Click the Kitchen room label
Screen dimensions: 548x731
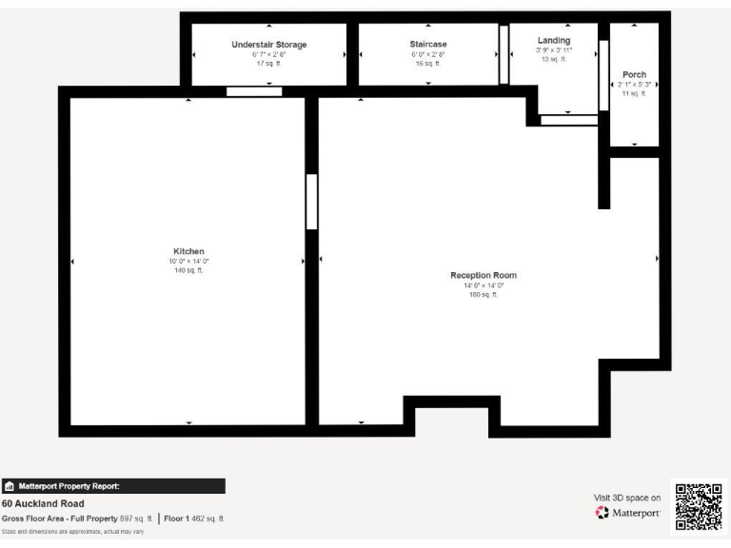[x=189, y=251]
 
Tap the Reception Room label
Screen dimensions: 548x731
[x=483, y=275]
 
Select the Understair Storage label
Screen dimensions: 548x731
[x=269, y=45]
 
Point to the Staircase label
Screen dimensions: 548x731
[x=428, y=45]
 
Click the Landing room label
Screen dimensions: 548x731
[x=553, y=40]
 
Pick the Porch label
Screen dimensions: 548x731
[x=634, y=74]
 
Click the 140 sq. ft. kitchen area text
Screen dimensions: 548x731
[x=189, y=270]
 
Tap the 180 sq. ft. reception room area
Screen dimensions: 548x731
[x=483, y=295]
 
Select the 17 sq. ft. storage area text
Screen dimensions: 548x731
[x=269, y=64]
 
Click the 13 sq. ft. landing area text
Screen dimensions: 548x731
[x=553, y=59]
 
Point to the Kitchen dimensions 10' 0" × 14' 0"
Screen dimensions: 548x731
[x=189, y=261]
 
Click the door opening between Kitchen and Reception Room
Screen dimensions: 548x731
[x=311, y=201]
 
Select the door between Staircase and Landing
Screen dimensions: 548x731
[x=504, y=54]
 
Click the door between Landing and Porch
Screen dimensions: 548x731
[x=603, y=76]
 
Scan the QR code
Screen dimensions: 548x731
[x=699, y=507]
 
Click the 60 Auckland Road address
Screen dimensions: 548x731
[x=43, y=503]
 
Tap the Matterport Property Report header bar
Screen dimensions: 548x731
[x=113, y=486]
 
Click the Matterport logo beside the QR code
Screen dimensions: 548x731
[x=627, y=514]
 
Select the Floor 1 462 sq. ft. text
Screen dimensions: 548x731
[x=195, y=519]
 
